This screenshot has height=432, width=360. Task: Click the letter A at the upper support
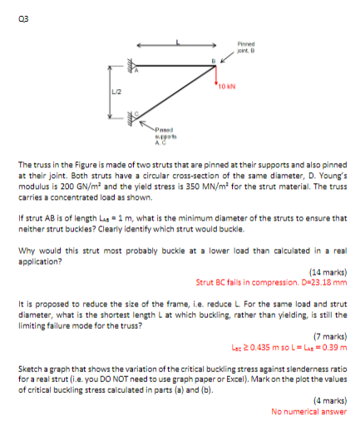click(138, 73)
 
